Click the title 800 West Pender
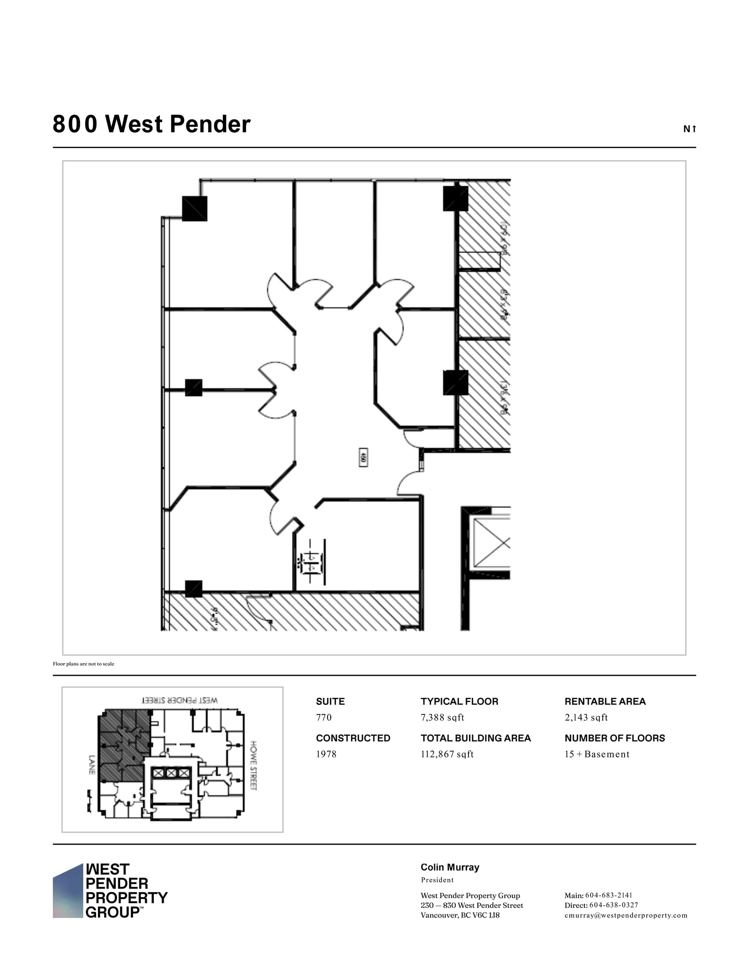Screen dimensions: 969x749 pyautogui.click(x=151, y=124)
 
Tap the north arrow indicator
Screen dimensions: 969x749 pyautogui.click(x=689, y=129)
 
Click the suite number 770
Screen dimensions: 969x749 pyautogui.click(x=324, y=717)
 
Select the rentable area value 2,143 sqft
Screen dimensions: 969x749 pyautogui.click(x=586, y=717)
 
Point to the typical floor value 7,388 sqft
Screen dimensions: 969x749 pyautogui.click(x=442, y=717)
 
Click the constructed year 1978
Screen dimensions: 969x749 pyautogui.click(x=326, y=754)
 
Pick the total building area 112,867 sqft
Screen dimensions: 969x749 pyautogui.click(x=447, y=754)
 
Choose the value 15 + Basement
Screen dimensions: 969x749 pyautogui.click(x=597, y=754)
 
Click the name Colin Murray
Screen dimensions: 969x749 pyautogui.click(x=449, y=867)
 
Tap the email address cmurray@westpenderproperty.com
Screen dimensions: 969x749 pyautogui.click(x=626, y=916)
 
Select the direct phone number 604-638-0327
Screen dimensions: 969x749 pyautogui.click(x=613, y=905)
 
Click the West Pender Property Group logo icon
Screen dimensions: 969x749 pyautogui.click(x=68, y=891)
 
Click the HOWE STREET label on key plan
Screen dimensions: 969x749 pyautogui.click(x=254, y=766)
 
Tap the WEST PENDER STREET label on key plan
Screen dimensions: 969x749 pyautogui.click(x=180, y=700)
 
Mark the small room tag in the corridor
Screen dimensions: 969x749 pyautogui.click(x=363, y=458)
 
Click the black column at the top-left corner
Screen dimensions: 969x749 pyautogui.click(x=194, y=208)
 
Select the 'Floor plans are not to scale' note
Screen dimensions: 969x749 pyautogui.click(x=83, y=664)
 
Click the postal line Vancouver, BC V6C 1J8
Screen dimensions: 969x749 pyautogui.click(x=460, y=916)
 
